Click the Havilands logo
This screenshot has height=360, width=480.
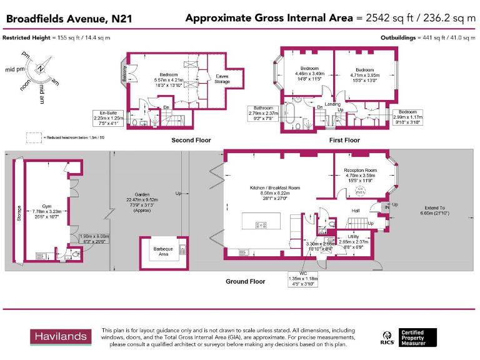click(60, 336)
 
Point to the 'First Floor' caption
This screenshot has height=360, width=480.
click(344, 141)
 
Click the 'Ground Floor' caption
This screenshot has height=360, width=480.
click(245, 281)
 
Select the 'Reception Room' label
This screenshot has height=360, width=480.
click(361, 170)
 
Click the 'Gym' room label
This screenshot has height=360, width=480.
click(47, 206)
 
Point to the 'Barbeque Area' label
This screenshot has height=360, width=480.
click(163, 251)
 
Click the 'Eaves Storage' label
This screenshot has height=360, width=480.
click(222, 79)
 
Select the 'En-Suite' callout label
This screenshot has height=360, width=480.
click(101, 112)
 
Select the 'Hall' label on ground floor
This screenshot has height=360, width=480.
click(355, 211)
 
